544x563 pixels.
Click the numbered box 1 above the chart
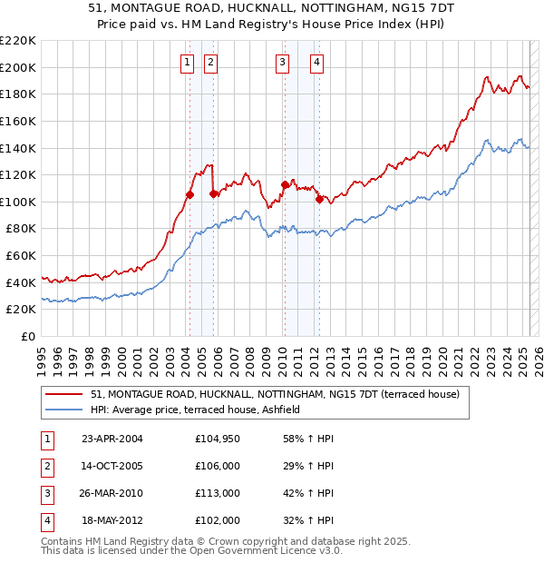click(186, 63)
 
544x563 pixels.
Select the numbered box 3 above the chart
click(283, 63)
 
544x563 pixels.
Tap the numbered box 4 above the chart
click(317, 63)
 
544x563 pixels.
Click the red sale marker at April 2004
click(189, 194)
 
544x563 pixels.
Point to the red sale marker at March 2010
click(285, 184)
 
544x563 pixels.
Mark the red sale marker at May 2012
click(319, 200)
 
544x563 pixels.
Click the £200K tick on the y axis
click(18, 67)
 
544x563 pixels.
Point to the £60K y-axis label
click(21, 256)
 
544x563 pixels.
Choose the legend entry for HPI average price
click(200, 410)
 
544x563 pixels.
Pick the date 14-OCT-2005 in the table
click(112, 465)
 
